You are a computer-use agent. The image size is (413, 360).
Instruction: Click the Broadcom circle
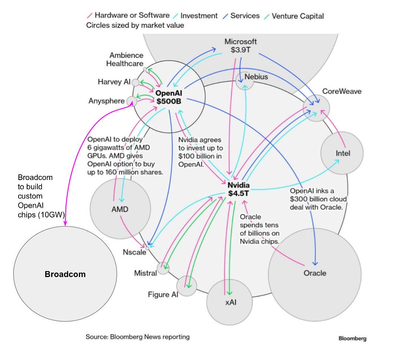tap(65, 274)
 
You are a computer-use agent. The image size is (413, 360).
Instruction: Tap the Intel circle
tap(343, 153)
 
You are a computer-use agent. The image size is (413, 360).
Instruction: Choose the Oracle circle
tap(314, 274)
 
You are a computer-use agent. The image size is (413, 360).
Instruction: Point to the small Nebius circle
tap(245, 80)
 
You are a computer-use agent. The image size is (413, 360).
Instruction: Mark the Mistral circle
tap(163, 268)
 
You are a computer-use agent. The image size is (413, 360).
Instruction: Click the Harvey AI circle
tap(135, 82)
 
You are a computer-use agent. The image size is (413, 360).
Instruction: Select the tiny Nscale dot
tap(147, 248)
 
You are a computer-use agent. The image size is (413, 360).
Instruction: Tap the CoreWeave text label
tap(342, 91)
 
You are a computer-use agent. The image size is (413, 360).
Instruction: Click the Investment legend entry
tap(199, 16)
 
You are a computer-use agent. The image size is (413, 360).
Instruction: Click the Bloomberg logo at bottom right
tap(352, 338)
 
